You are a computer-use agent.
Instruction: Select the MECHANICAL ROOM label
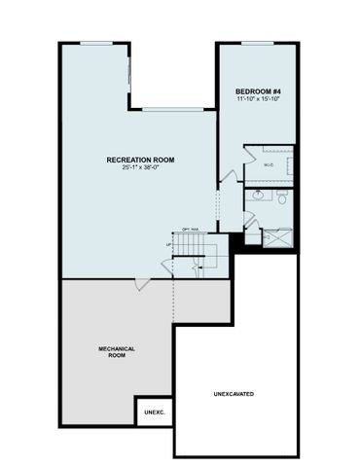coord(116,351)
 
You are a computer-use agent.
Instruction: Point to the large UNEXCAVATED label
coord(234,394)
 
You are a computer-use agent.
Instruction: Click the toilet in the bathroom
coord(281,198)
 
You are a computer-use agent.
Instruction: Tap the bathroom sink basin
coord(258,195)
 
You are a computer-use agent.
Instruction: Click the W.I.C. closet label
coord(269,165)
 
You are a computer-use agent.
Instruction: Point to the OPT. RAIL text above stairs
coord(190,230)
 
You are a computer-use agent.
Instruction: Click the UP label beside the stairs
coord(171,244)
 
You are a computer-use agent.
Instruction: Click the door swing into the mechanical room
coord(142,284)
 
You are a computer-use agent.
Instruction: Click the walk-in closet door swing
coord(248,155)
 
